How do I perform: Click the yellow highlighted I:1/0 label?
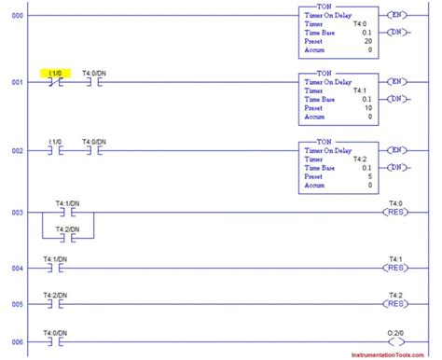click(55, 71)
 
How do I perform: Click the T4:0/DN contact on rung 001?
click(92, 81)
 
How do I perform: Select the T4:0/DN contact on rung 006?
click(54, 342)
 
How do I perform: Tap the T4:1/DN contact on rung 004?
click(54, 269)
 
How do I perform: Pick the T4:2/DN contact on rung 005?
click(54, 304)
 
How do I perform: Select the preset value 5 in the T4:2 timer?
click(368, 176)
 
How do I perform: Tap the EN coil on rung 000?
click(397, 15)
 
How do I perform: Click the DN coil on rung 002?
click(397, 167)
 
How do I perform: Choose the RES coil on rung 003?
click(396, 214)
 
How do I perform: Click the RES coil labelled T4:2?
click(396, 304)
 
